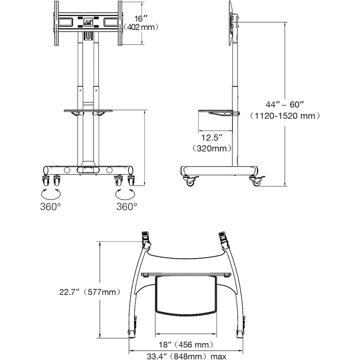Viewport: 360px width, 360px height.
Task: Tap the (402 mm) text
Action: [x=137, y=27]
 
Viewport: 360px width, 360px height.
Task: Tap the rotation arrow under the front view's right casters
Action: [x=126, y=193]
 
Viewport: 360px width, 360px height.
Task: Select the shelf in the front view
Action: [x=87, y=110]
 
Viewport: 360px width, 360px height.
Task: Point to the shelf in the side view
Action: [x=218, y=110]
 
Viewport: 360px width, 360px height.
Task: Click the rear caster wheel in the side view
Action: [x=189, y=181]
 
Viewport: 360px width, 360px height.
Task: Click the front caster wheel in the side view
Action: [x=256, y=181]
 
